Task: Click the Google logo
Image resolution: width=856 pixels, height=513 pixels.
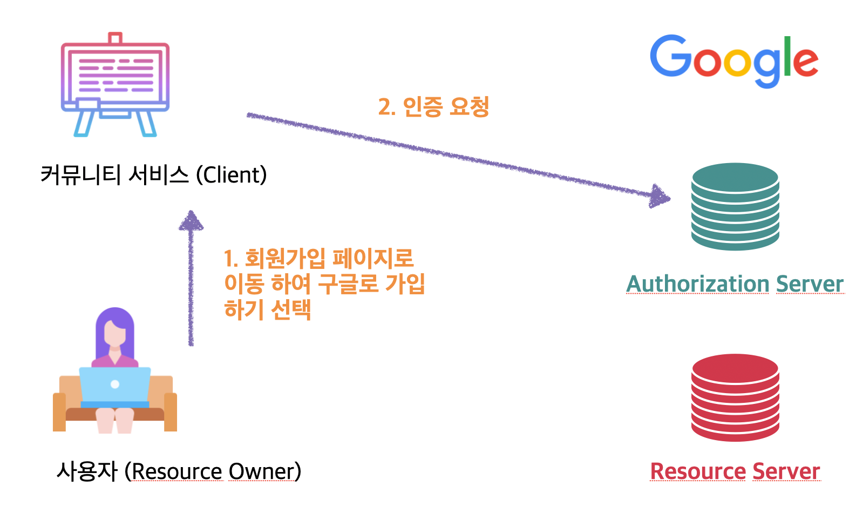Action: click(x=734, y=60)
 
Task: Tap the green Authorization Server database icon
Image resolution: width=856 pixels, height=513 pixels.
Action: click(x=735, y=206)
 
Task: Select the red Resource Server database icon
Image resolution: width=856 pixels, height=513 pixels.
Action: click(x=735, y=397)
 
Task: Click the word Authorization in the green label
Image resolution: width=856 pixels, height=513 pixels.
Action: click(x=697, y=284)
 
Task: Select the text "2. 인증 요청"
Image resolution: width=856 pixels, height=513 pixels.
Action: click(x=433, y=106)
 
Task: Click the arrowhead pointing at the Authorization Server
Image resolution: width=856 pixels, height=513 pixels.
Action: click(x=660, y=197)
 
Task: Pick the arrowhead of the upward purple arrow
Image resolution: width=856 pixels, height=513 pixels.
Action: click(x=191, y=220)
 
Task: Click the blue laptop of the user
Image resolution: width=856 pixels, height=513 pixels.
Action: click(x=115, y=386)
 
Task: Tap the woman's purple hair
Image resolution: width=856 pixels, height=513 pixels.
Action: click(x=114, y=324)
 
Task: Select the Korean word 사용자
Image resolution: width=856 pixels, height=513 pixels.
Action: click(x=87, y=471)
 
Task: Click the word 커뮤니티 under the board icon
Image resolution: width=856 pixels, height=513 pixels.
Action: click(x=80, y=175)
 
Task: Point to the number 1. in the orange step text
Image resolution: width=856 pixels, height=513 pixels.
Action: click(x=230, y=259)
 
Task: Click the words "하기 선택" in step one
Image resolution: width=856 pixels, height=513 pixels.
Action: click(x=268, y=310)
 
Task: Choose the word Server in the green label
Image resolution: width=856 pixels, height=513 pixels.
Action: click(x=810, y=284)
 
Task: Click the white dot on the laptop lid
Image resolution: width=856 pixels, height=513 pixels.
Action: click(x=115, y=384)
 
